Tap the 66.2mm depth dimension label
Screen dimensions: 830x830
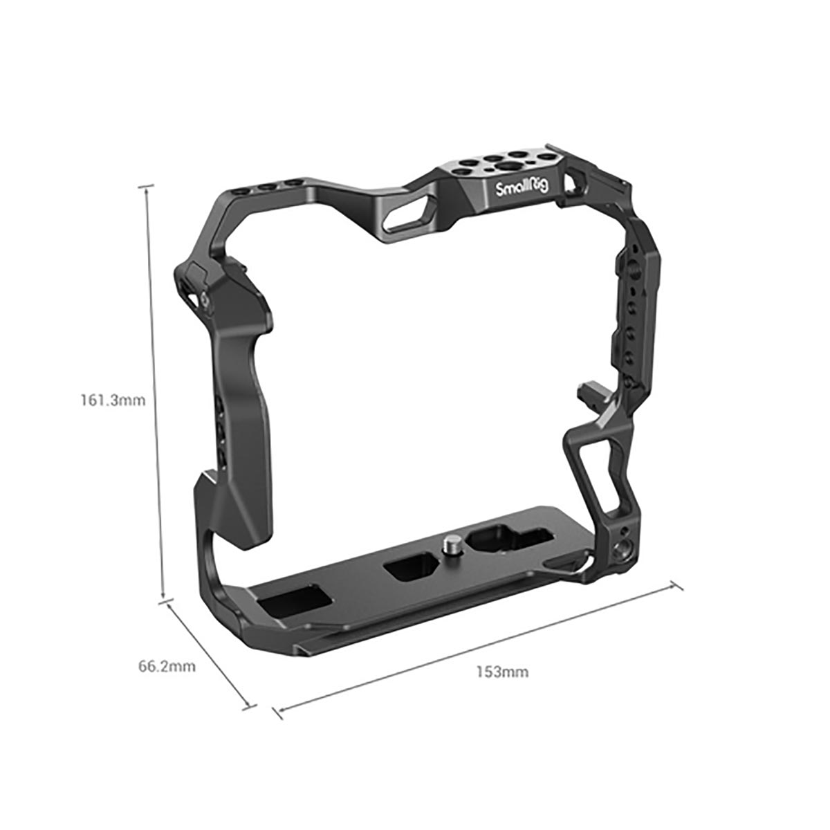(x=167, y=667)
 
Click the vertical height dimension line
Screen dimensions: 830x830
(x=154, y=394)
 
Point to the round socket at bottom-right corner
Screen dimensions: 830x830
(x=620, y=551)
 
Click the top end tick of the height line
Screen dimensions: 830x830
(x=145, y=187)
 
